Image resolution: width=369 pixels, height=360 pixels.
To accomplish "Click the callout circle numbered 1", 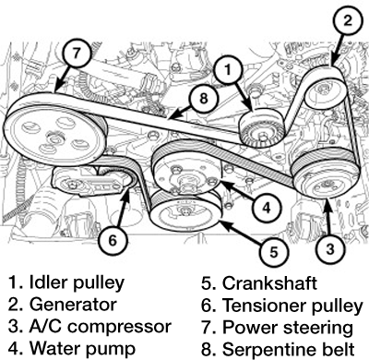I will tap(231, 67).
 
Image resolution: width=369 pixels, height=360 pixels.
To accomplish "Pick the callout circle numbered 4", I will tap(265, 209).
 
